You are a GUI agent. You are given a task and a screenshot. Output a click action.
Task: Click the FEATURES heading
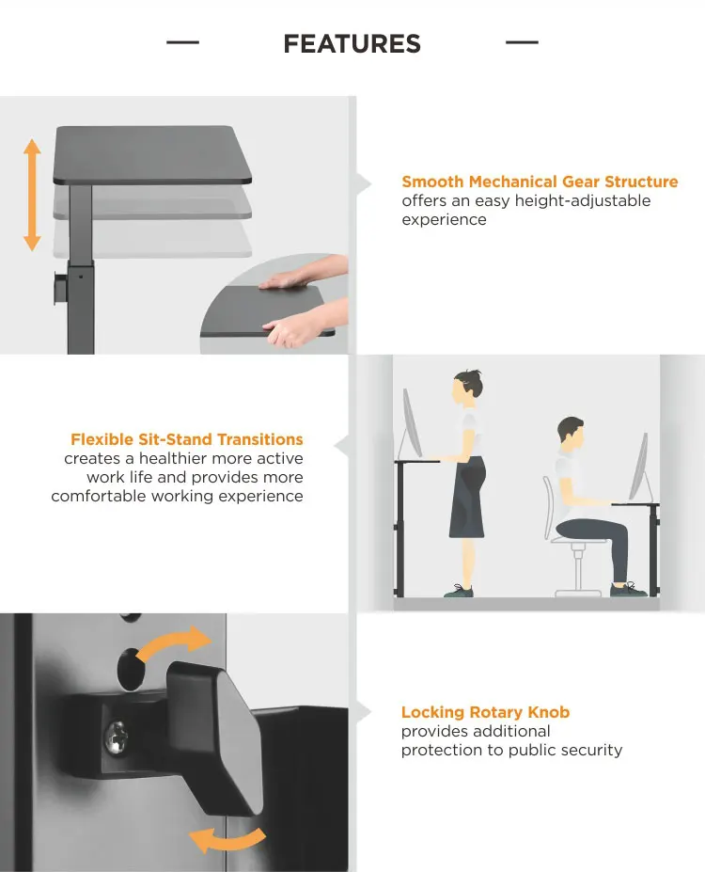pos(352,44)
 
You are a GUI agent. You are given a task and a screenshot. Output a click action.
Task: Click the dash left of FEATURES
pos(182,42)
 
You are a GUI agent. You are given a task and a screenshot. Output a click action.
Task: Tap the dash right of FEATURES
pos(522,42)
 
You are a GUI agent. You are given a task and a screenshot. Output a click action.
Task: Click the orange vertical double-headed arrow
pos(32,195)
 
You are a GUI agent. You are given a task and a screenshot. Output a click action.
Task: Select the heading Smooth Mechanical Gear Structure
pos(540,182)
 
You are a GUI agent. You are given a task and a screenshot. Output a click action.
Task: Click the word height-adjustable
pos(583,200)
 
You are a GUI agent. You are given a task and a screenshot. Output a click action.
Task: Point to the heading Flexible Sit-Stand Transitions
pos(187,439)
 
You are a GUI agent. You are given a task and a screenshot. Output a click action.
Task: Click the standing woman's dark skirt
pos(467,498)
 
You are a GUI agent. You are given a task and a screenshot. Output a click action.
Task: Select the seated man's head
pos(570,432)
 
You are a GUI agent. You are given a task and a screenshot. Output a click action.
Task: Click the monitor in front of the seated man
pos(639,468)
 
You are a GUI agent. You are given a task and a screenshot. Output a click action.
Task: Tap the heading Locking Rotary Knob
pos(486,712)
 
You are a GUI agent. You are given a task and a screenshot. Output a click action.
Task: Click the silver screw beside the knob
pos(117,737)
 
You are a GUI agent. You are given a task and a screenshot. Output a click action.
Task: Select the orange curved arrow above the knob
pos(173,642)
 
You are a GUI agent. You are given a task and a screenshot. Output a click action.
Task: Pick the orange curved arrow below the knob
pos(227,839)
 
